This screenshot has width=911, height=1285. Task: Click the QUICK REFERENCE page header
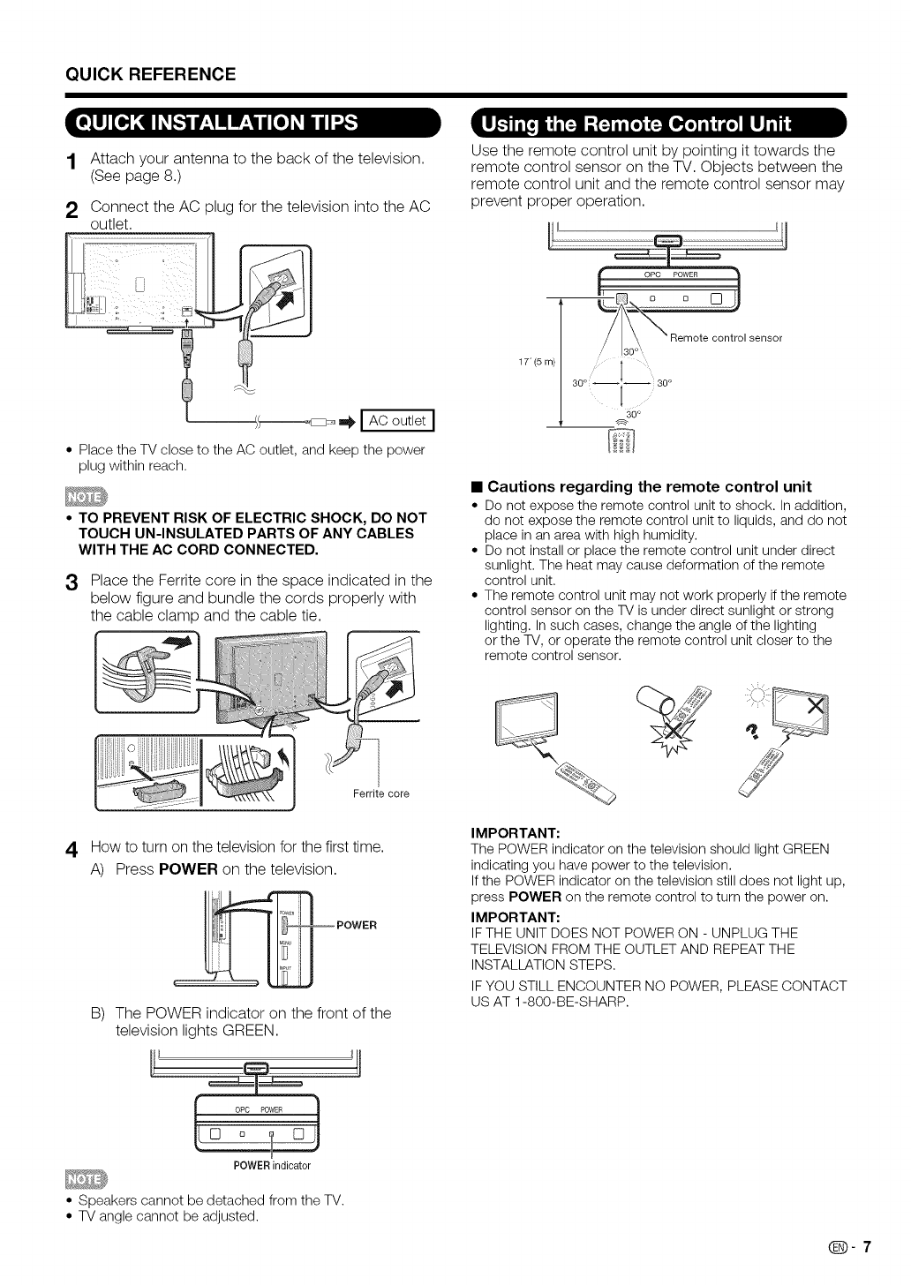[x=151, y=74]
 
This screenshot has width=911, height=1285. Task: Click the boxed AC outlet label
[x=397, y=420]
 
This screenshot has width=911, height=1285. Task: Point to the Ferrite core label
[x=381, y=793]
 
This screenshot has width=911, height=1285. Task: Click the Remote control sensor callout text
[x=726, y=338]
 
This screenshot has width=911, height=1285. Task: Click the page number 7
[x=867, y=1247]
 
